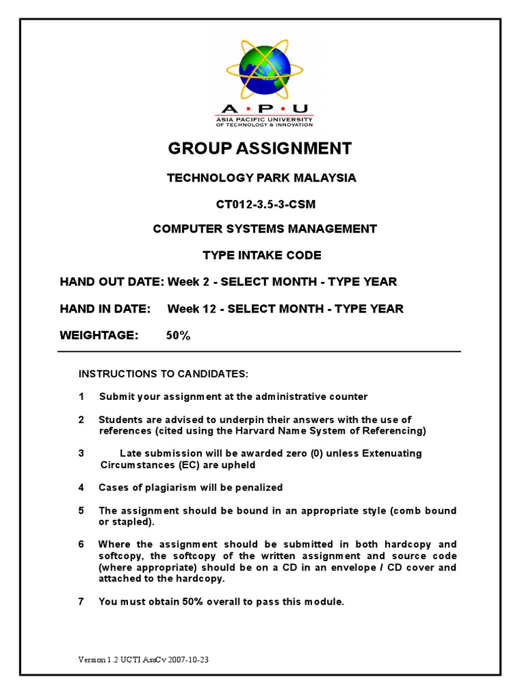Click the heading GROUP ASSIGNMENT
pyautogui.click(x=261, y=148)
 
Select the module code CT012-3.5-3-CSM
pyautogui.click(x=261, y=203)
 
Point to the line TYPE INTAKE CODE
pyautogui.click(x=262, y=256)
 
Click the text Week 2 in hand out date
pyautogui.click(x=183, y=282)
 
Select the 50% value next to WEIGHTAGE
pyautogui.click(x=178, y=335)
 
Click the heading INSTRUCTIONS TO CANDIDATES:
pyautogui.click(x=164, y=373)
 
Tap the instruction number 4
pyautogui.click(x=81, y=487)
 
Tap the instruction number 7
pyautogui.click(x=81, y=601)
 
